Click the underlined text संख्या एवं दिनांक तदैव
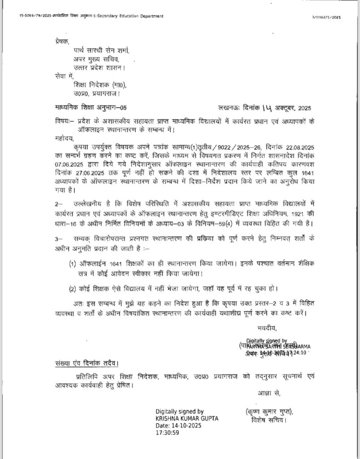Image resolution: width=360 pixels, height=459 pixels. click(84, 362)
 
